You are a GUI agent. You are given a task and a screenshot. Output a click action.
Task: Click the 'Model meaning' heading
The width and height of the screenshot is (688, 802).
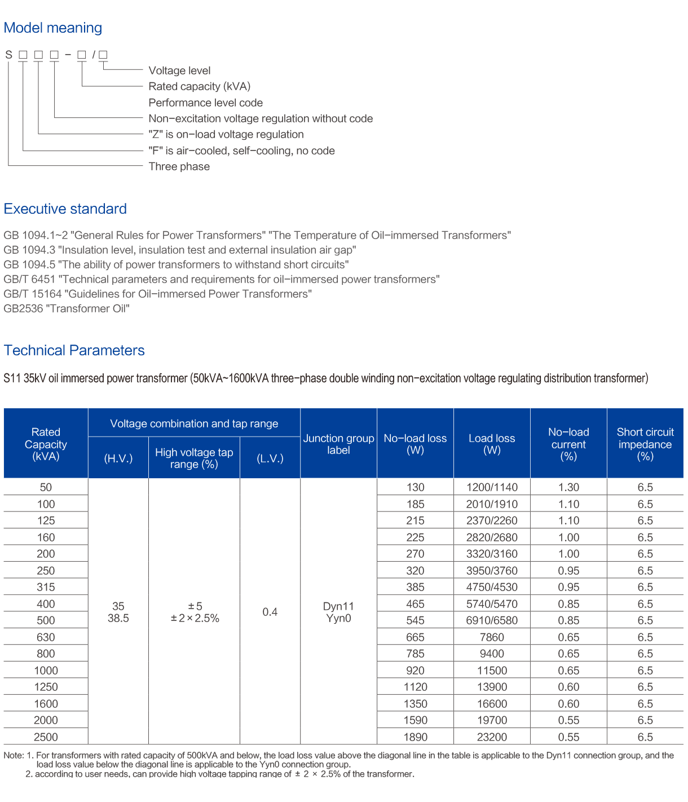52,28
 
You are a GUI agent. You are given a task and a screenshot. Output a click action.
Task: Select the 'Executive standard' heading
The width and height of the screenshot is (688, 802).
65,209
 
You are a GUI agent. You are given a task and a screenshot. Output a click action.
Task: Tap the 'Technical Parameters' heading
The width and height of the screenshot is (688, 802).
74,351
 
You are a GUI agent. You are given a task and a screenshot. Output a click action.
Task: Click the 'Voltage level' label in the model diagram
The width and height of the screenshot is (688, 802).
179,70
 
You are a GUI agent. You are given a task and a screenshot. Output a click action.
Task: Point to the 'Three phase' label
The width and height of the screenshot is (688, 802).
179,166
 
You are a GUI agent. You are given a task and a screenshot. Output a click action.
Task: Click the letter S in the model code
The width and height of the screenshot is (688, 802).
8,55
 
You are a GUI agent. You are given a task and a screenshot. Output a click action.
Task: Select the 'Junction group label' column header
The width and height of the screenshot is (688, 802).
338,444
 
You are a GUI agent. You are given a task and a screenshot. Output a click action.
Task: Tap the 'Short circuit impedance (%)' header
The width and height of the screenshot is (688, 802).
645,444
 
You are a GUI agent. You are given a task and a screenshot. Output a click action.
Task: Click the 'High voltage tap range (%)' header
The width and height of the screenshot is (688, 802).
194,458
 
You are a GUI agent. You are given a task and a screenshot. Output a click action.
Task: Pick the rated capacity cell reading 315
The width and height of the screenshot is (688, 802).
46,587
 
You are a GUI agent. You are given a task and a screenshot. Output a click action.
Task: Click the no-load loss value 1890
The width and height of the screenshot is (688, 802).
415,737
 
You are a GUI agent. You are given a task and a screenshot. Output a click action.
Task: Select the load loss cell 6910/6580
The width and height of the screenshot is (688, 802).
492,620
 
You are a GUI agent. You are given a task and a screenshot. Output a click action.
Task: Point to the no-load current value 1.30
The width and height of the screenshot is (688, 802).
568,487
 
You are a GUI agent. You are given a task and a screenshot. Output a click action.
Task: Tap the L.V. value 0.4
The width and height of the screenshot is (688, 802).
270,612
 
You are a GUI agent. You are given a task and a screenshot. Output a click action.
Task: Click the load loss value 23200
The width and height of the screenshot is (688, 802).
492,737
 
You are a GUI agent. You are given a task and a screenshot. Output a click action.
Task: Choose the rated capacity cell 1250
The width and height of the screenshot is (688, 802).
46,687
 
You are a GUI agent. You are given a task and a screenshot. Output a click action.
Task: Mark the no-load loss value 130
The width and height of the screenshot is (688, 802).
415,487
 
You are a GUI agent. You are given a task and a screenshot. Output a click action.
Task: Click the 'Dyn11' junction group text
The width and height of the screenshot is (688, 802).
338,606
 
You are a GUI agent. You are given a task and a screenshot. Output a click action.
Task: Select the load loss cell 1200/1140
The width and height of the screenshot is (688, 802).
492,487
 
